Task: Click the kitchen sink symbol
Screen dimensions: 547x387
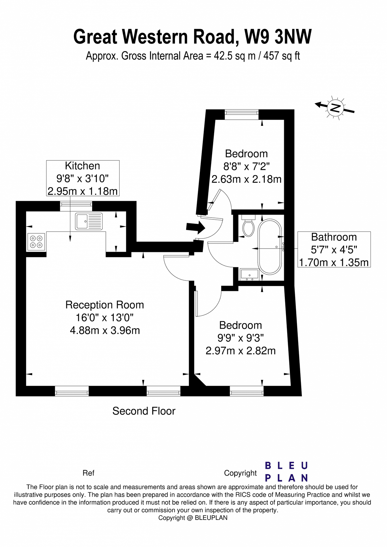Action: [89, 221]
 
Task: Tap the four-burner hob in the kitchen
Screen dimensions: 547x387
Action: [36, 242]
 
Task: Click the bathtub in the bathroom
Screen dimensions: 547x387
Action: [270, 247]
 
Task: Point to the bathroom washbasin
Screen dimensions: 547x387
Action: [249, 274]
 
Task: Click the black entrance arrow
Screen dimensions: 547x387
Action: [195, 227]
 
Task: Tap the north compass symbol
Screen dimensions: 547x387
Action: [335, 107]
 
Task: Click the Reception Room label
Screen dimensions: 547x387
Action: [104, 305]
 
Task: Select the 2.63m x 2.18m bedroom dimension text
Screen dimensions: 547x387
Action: [246, 179]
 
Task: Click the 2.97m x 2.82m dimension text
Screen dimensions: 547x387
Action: [240, 351]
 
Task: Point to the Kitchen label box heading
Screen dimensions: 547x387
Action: [82, 166]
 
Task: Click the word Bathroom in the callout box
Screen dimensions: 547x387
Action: [334, 237]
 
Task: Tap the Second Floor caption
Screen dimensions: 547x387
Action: [144, 411]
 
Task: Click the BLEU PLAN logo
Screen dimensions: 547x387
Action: [286, 472]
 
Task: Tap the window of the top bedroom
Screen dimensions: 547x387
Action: [242, 114]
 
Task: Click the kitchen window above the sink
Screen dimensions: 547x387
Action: [76, 206]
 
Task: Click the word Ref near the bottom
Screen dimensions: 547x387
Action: [88, 473]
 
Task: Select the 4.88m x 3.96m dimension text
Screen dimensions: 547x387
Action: [105, 330]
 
